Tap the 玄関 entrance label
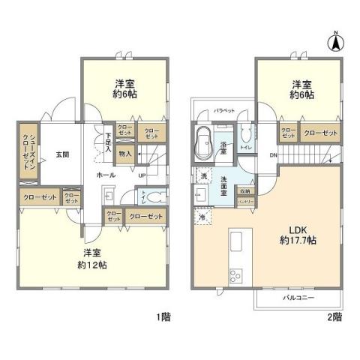click(61, 154)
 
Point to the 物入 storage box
click(125, 154)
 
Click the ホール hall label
click(106, 174)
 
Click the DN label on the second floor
click(273, 155)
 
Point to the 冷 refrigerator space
click(202, 217)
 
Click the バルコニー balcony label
click(298, 297)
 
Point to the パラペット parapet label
click(224, 110)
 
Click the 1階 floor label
click(163, 317)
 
